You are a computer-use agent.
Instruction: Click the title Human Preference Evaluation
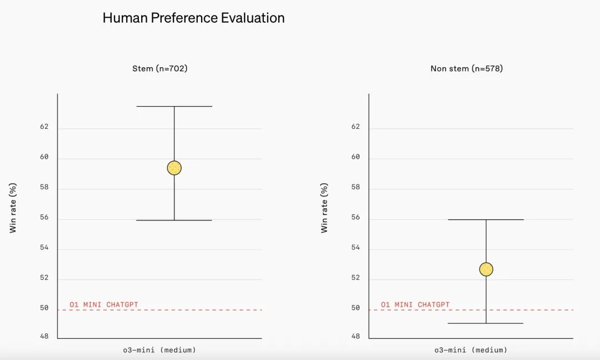[193, 18]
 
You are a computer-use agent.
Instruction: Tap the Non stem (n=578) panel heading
[467, 69]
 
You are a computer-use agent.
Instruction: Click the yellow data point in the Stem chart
[174, 168]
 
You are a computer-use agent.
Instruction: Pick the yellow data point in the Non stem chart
[486, 269]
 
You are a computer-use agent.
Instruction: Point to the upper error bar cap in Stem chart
[174, 106]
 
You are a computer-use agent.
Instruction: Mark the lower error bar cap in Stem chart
[174, 221]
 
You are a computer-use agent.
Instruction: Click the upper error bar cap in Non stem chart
[486, 219]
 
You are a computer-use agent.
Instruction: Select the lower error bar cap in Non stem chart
[486, 323]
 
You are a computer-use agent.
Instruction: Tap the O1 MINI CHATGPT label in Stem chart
[104, 305]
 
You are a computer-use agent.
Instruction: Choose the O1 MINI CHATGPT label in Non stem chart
[416, 305]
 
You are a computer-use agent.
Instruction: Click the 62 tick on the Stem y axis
[44, 127]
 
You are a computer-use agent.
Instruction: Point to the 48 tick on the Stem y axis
[44, 337]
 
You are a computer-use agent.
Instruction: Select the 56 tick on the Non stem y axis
[356, 218]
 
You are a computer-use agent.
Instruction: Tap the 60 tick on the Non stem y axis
[356, 157]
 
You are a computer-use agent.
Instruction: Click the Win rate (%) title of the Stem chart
[13, 208]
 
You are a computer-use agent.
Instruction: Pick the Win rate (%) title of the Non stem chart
[324, 208]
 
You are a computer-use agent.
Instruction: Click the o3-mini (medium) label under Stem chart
[159, 350]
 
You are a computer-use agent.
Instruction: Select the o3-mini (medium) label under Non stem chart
[471, 350]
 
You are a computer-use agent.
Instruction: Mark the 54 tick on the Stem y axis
[44, 248]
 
